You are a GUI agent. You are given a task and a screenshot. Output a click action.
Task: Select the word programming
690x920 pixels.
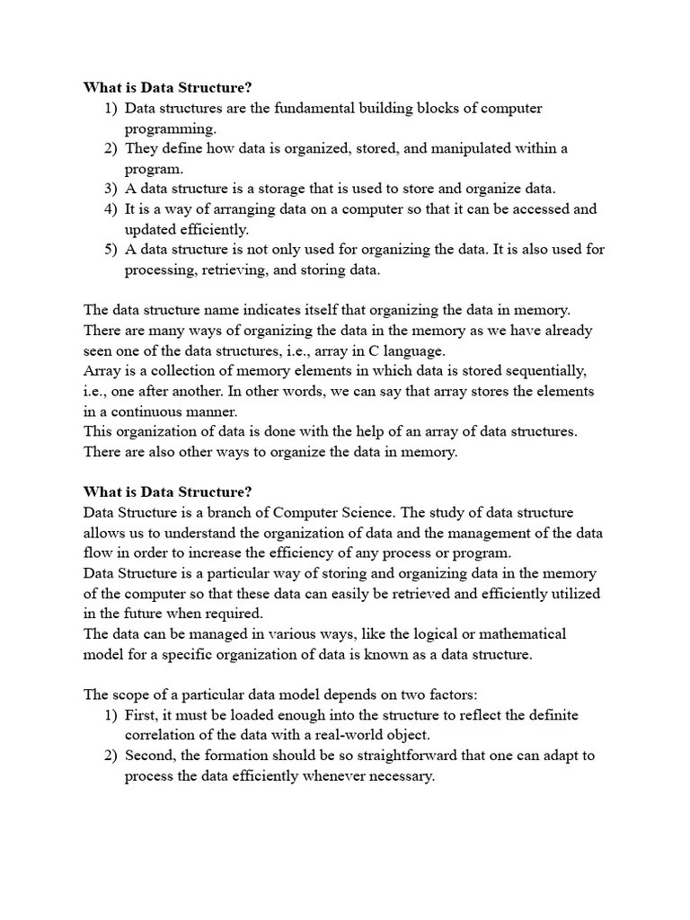tap(170, 128)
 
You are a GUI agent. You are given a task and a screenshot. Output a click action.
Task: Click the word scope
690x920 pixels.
tap(130, 694)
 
